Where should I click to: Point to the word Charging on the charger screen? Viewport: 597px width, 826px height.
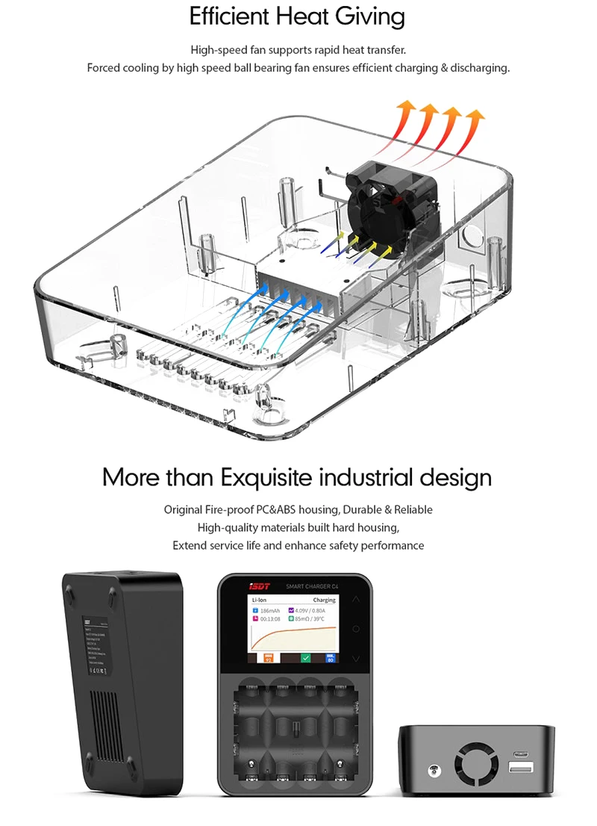click(x=324, y=600)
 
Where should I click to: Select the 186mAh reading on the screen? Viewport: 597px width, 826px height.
click(x=270, y=610)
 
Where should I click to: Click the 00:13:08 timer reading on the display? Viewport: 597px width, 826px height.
click(x=270, y=619)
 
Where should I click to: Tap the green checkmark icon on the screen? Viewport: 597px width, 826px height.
click(x=304, y=657)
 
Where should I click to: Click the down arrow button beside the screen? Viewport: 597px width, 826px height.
click(x=356, y=659)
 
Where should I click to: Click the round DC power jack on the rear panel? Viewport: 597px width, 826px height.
click(x=431, y=768)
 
